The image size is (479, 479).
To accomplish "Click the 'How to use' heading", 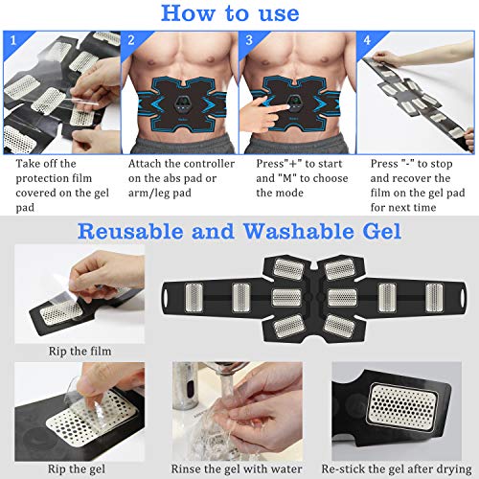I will pyautogui.click(x=239, y=13).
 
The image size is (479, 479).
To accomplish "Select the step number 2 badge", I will pyautogui.click(x=132, y=40).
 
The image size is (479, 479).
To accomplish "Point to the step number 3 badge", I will pyautogui.click(x=249, y=40).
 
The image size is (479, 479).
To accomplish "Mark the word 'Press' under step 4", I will pyautogui.click(x=387, y=164).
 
